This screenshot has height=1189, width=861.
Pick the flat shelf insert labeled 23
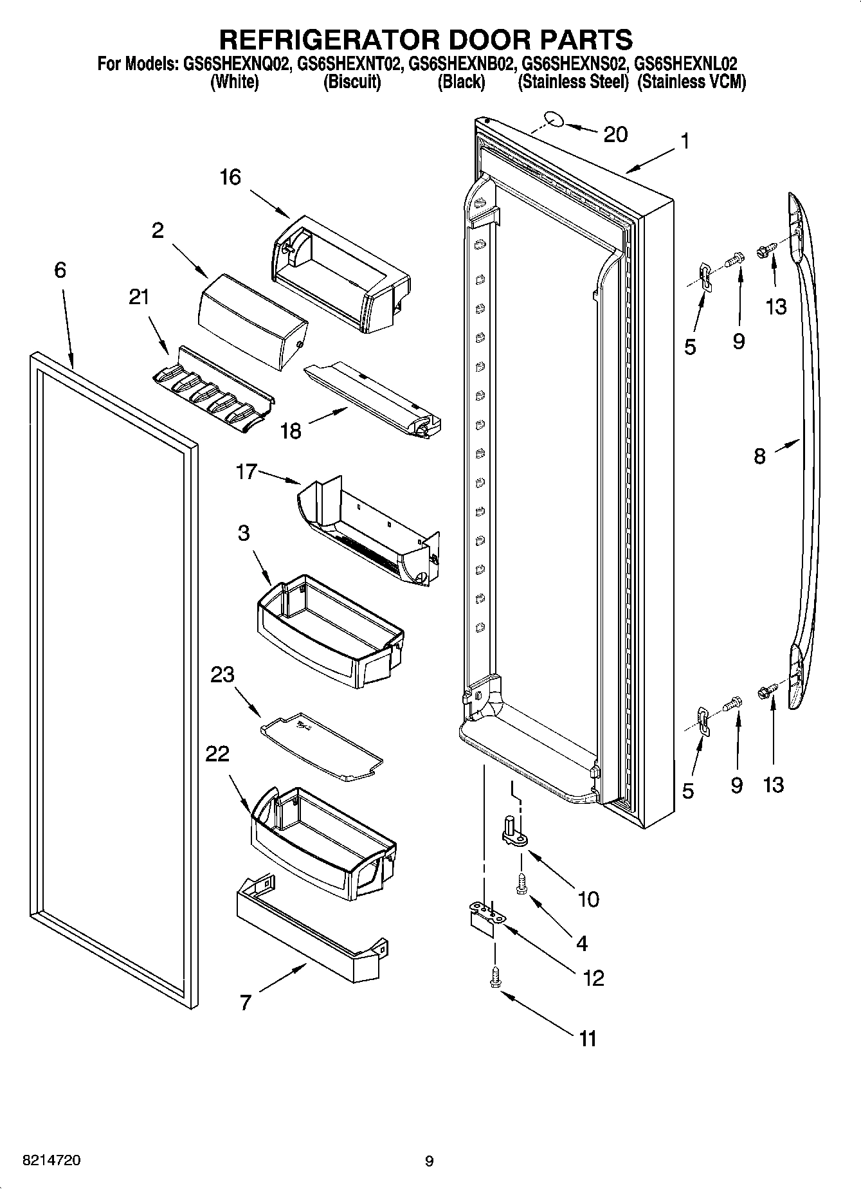point(322,746)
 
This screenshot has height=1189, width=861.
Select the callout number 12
point(592,978)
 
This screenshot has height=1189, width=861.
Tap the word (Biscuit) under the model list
point(352,82)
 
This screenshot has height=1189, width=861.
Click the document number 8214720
point(51,1161)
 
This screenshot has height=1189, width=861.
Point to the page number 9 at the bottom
point(429,1161)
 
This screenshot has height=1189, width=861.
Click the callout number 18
point(291,431)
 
